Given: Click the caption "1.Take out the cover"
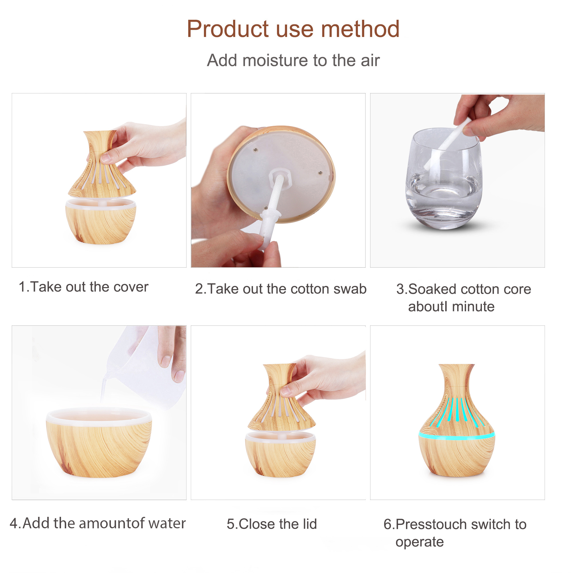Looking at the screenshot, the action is pos(84,287).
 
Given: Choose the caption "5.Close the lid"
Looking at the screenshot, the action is pos(272,524).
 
